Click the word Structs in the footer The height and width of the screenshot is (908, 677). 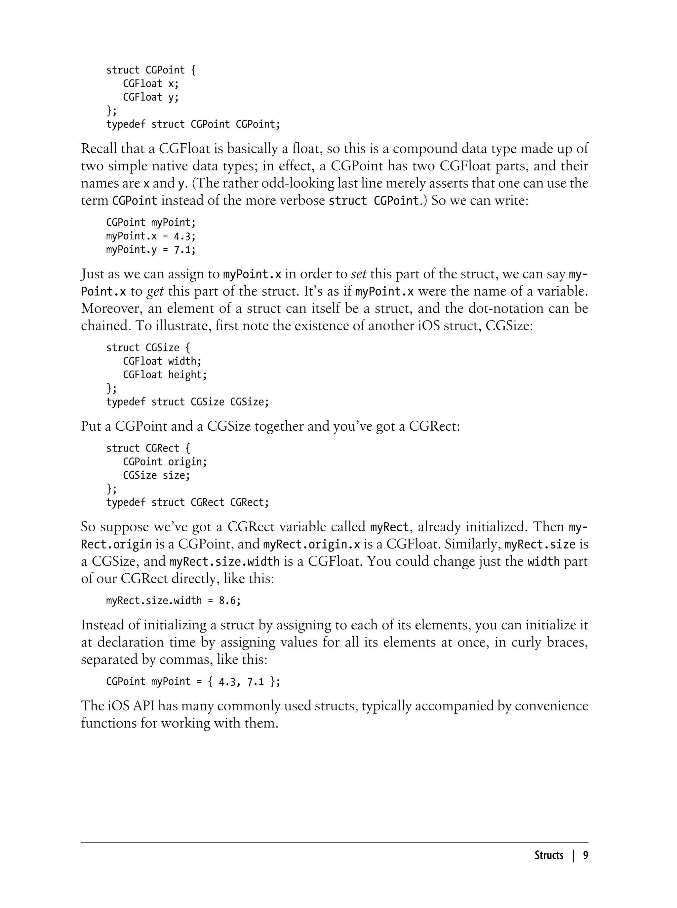[549, 855]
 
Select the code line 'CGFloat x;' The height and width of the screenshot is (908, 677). [151, 84]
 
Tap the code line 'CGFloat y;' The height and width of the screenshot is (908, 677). [151, 97]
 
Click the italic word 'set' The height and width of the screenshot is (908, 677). [359, 274]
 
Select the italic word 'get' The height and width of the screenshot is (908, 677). [155, 291]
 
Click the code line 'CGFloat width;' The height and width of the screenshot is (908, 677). [162, 361]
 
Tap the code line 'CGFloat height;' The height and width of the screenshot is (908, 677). [165, 375]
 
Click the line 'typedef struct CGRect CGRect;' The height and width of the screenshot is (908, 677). [187, 502]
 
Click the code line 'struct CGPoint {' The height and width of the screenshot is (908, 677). [151, 70]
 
